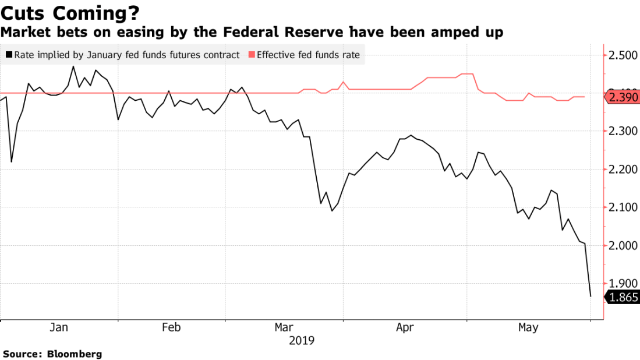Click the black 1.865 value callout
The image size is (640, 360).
[x=624, y=297]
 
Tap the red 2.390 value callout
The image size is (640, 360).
[x=624, y=97]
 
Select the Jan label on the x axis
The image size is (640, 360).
[x=59, y=328]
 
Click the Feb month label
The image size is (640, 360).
[x=171, y=328]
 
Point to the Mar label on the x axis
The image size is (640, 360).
[x=284, y=328]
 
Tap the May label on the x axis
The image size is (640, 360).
[x=528, y=328]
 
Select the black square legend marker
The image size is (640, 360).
[x=9, y=55]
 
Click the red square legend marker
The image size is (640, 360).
[x=252, y=55]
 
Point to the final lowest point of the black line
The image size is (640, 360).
[x=591, y=297]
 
